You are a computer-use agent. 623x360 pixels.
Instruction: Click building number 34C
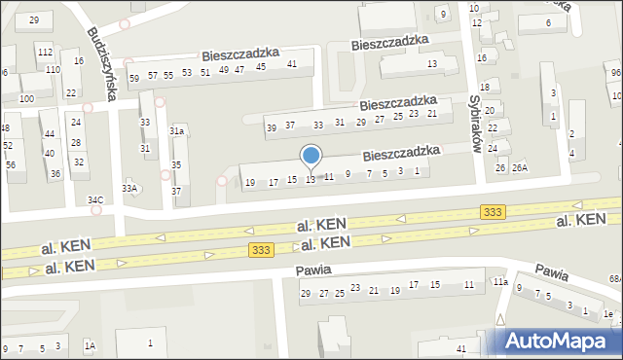pos(95,200)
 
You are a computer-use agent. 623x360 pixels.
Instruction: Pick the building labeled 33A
pos(129,188)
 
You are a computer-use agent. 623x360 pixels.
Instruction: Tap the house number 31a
pos(176,130)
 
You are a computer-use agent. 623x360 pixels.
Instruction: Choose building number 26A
pos(520,167)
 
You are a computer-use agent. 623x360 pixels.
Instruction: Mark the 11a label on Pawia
pos(499,282)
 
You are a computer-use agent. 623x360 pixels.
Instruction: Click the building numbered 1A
pos(90,345)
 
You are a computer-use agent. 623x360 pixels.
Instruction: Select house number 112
pos(45,51)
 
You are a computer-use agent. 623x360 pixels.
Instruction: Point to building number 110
pos(52,70)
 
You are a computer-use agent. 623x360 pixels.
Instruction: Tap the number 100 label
pos(27,99)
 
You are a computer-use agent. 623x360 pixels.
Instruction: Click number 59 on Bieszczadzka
pos(134,78)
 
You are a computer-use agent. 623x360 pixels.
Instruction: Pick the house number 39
pos(273,126)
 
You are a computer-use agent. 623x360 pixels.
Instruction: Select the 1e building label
pos(607,313)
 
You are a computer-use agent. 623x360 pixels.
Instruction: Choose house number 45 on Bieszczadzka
pos(260,67)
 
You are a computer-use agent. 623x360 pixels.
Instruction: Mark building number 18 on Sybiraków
pos(484,88)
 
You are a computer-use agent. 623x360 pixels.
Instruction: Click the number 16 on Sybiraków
pos(482,58)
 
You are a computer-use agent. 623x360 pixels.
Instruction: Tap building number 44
pos(49,133)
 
